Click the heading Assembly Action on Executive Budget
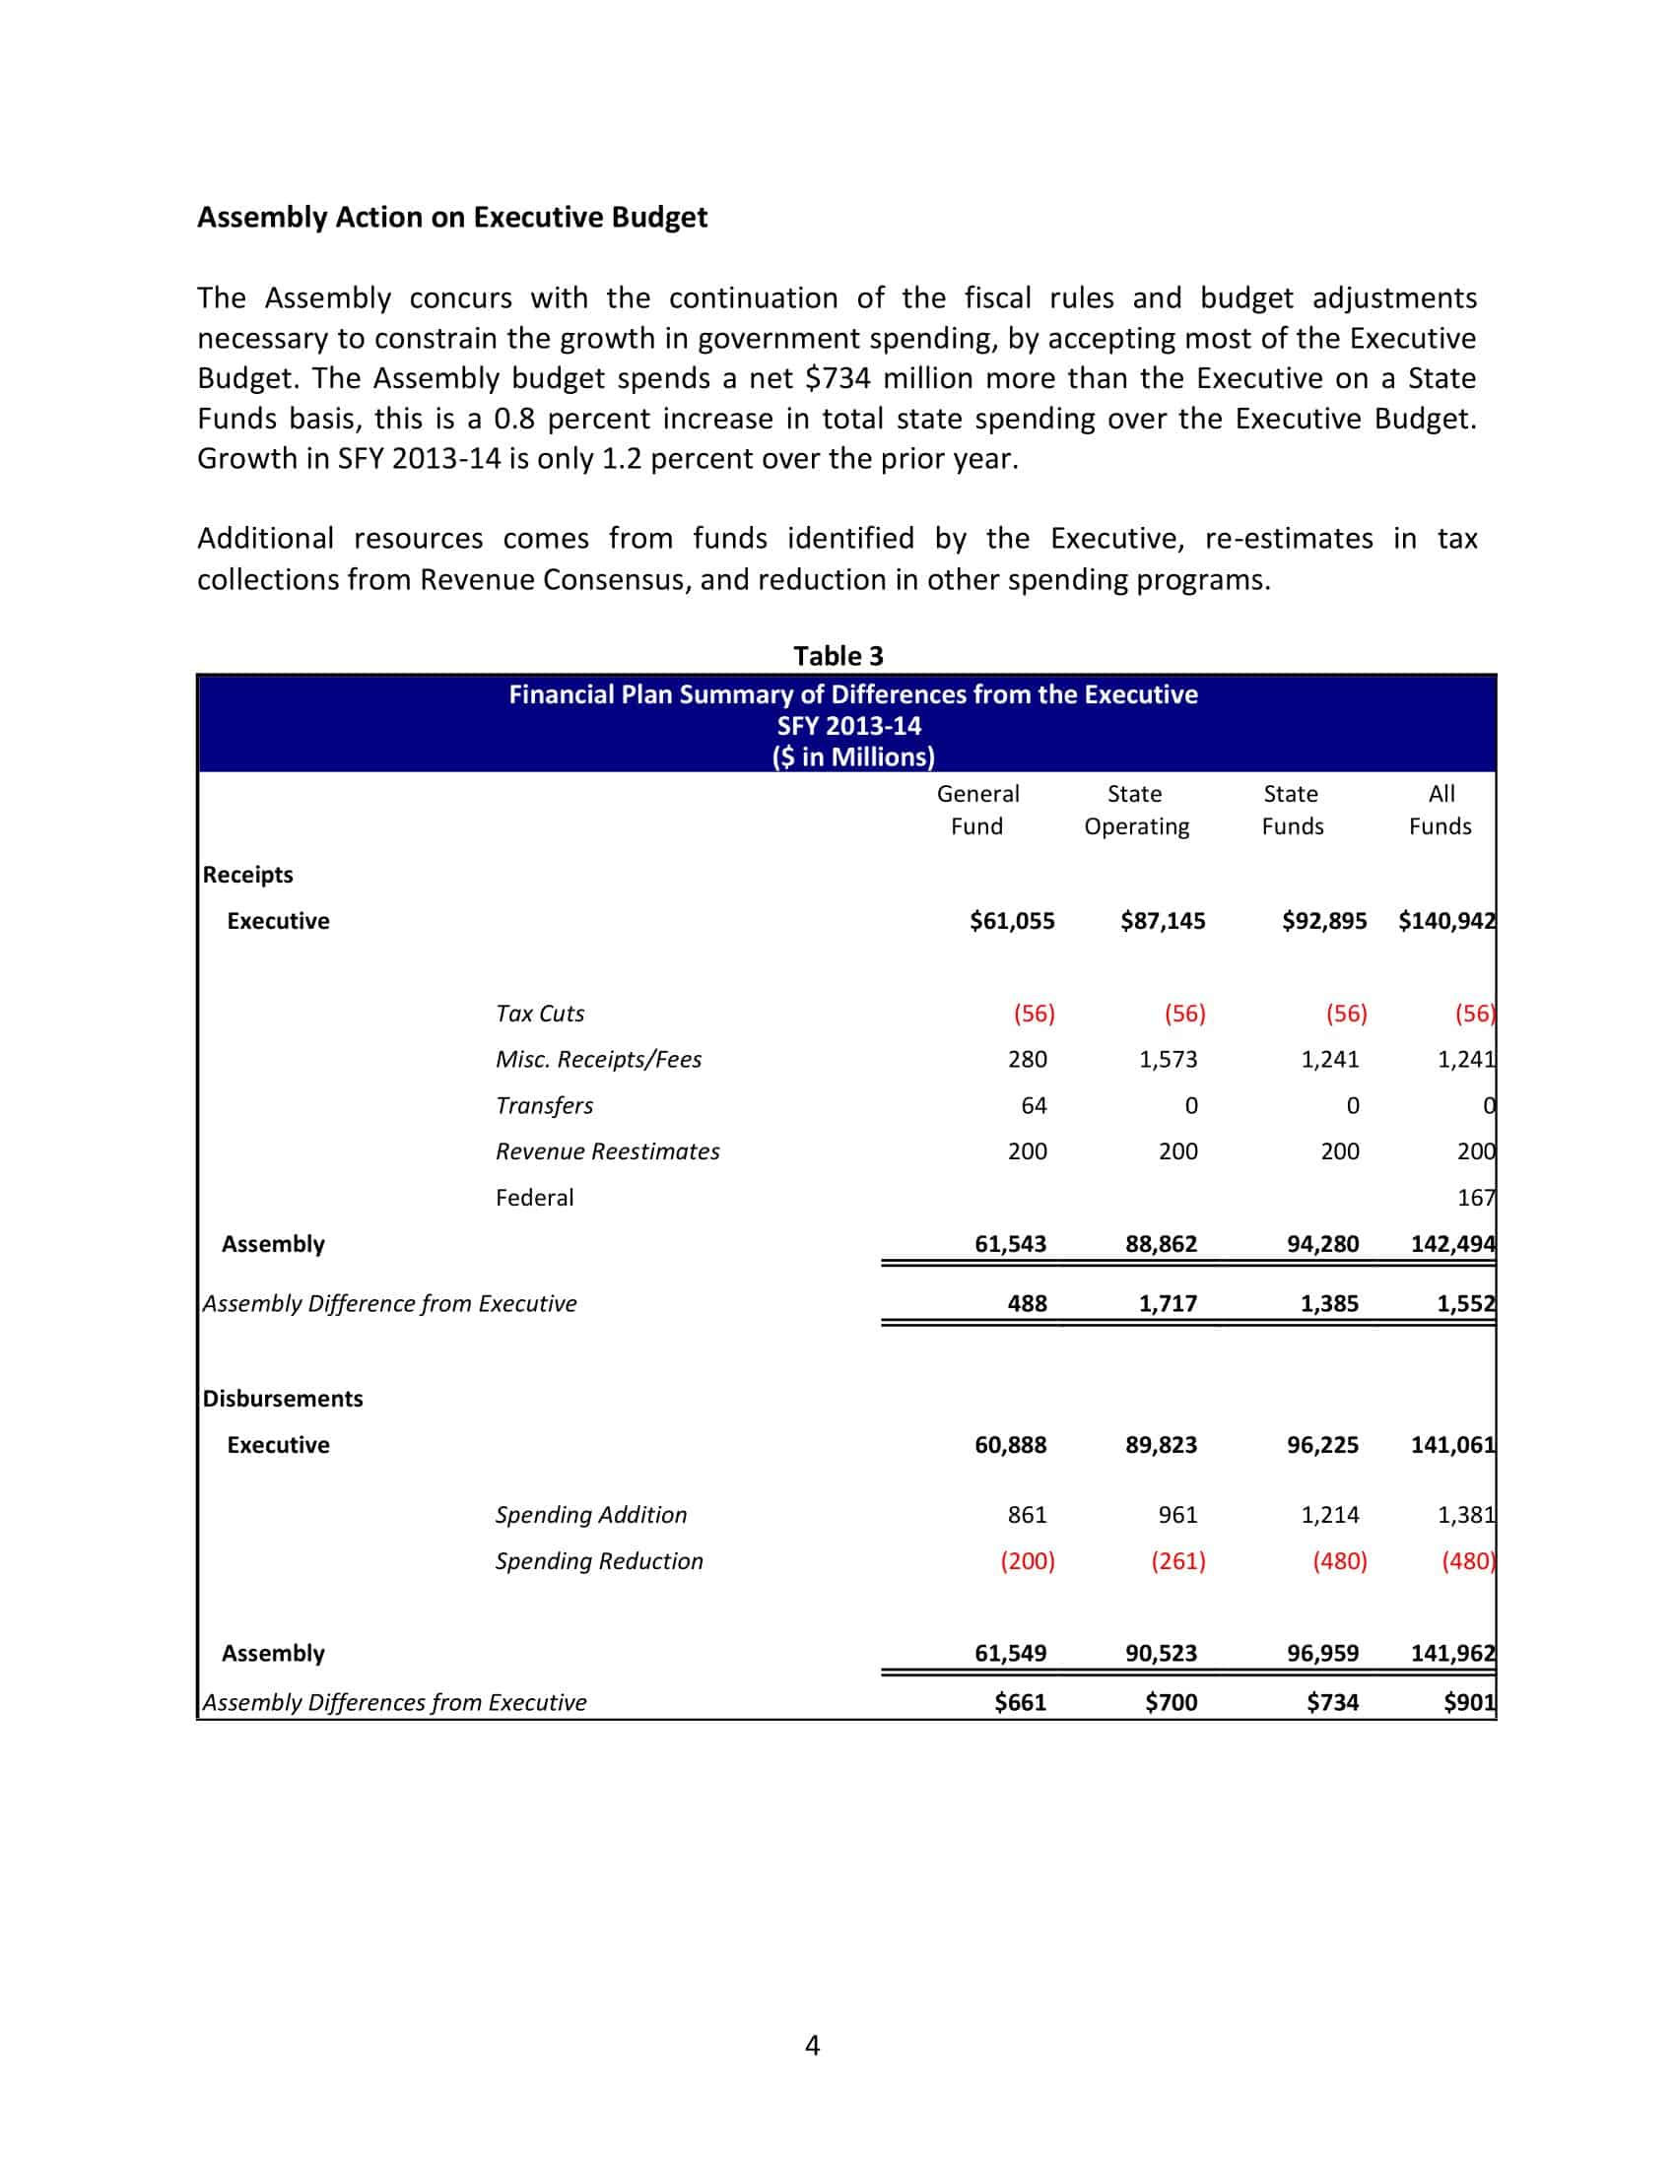point(451,218)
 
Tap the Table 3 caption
point(837,656)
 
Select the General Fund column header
point(977,810)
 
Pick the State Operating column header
point(1135,810)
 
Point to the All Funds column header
point(1440,810)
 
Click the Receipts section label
point(248,874)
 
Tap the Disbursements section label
point(283,1398)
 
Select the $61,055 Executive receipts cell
point(1012,921)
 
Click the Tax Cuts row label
point(540,1013)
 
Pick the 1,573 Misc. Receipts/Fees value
point(1168,1059)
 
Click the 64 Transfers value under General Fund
point(1033,1105)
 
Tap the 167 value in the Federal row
point(1475,1198)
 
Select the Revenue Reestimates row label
point(607,1150)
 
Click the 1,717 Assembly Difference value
point(1168,1303)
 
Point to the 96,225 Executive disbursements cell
point(1322,1445)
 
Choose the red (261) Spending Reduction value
point(1177,1561)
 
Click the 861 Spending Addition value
point(1027,1514)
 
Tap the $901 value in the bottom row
point(1469,1702)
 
